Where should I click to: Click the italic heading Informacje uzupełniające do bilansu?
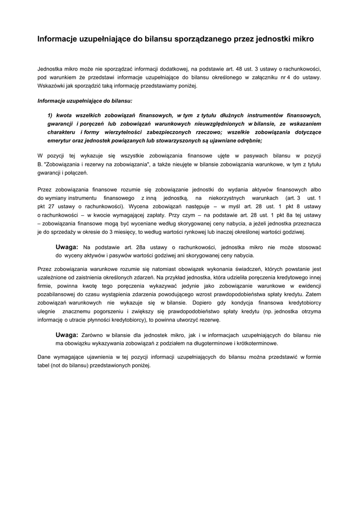pyautogui.click(x=85, y=100)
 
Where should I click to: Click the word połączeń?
pyautogui.click(x=76, y=172)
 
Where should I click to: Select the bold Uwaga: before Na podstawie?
pyautogui.click(x=67, y=247)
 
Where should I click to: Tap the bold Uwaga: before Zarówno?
pyautogui.click(x=67, y=335)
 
